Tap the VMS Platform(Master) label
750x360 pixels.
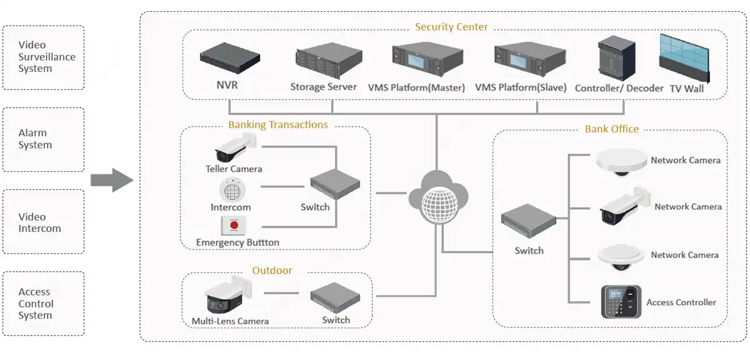[416, 88]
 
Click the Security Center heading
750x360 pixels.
[451, 27]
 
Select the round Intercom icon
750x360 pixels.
[231, 189]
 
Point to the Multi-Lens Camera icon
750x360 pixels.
[229, 295]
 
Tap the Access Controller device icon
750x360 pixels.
[621, 302]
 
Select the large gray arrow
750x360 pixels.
[112, 181]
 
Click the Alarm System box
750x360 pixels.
[43, 139]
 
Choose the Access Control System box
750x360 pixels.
[43, 304]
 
